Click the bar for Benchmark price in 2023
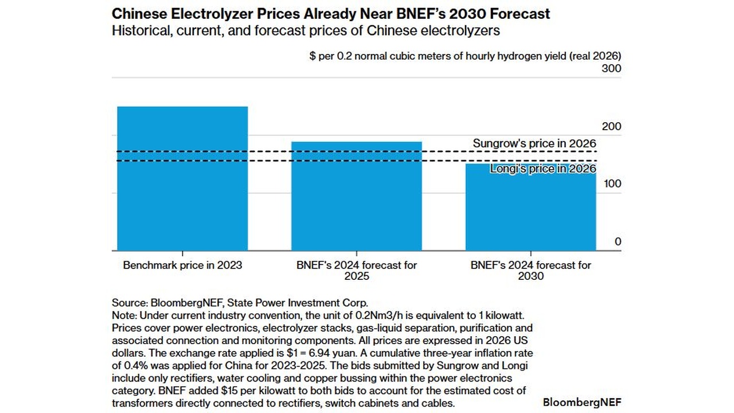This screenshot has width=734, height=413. [x=182, y=178]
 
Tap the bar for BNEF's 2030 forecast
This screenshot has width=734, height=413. [x=530, y=212]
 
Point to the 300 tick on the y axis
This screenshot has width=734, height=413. [x=611, y=69]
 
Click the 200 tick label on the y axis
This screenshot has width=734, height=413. [x=611, y=126]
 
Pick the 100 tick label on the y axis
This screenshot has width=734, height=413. [x=611, y=184]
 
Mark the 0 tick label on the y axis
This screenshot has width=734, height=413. [x=618, y=241]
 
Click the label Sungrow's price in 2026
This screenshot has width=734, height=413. [x=534, y=143]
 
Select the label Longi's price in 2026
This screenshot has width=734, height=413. [x=542, y=169]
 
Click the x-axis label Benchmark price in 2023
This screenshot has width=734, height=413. [x=182, y=265]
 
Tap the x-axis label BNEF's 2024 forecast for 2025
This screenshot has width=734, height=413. [x=357, y=270]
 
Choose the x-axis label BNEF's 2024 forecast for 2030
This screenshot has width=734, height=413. [x=530, y=270]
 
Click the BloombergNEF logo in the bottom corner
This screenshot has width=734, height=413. [x=581, y=402]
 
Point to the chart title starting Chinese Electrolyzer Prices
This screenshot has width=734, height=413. [x=331, y=13]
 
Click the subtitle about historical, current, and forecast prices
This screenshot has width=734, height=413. [x=306, y=30]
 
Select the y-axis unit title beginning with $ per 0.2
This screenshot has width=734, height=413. [x=465, y=56]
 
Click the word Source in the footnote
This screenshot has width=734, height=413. [x=129, y=303]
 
